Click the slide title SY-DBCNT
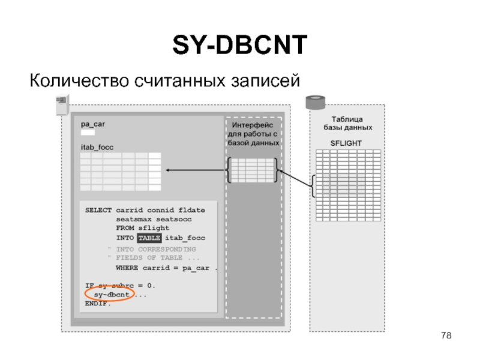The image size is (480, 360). tap(240, 46)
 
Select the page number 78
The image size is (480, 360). tap(446, 335)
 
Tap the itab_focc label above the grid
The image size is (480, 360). tap(97, 147)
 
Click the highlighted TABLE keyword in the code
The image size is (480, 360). tap(149, 238)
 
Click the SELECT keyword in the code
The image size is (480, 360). tap(98, 210)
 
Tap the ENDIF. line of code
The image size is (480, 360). tap(98, 304)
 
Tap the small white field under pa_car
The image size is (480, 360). tap(88, 132)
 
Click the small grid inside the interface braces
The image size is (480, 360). tap(253, 170)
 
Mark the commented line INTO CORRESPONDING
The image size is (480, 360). tap(155, 248)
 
